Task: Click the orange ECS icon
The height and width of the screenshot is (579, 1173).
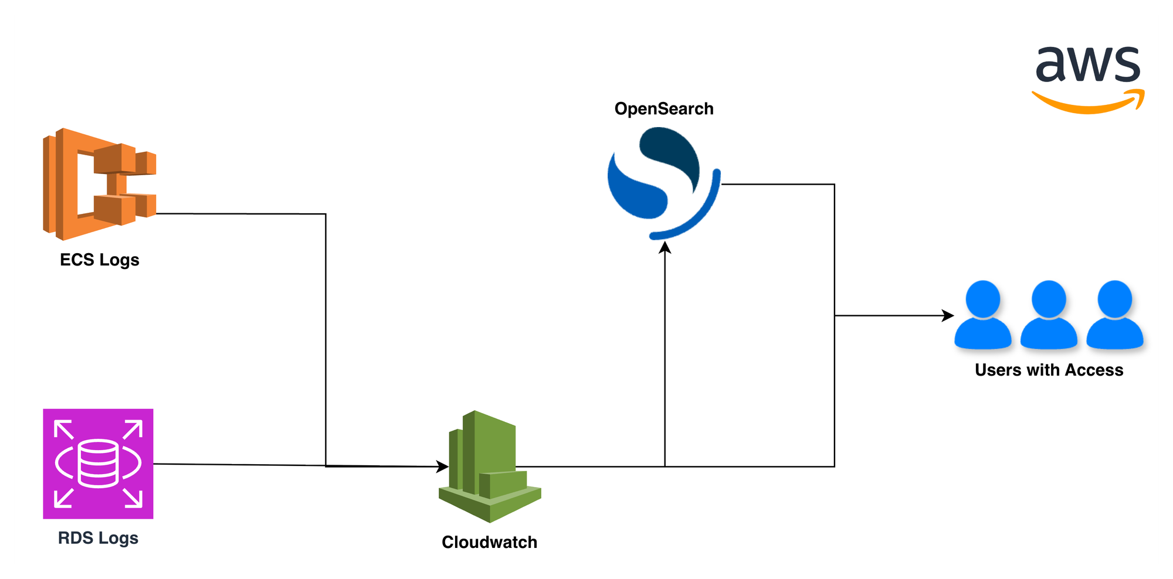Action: click(x=99, y=184)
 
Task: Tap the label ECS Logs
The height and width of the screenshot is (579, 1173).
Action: click(x=100, y=260)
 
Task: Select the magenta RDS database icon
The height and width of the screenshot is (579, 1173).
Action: click(x=98, y=464)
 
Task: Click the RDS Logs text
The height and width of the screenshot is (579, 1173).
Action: click(x=98, y=538)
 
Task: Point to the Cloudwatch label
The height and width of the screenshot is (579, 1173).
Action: click(x=489, y=542)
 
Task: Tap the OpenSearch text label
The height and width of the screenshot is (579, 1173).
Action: click(x=663, y=109)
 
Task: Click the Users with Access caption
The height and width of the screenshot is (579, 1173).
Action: click(x=1049, y=370)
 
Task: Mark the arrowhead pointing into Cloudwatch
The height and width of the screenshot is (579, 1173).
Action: click(x=443, y=467)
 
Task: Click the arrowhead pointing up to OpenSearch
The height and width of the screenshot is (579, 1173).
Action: click(x=665, y=247)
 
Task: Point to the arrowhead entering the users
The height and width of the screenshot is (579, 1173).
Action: click(x=948, y=315)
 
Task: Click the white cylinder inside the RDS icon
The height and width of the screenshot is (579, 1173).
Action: click(x=98, y=464)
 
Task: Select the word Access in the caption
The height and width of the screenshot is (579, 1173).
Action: click(x=1094, y=370)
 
